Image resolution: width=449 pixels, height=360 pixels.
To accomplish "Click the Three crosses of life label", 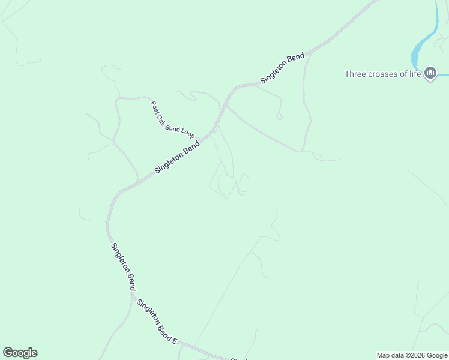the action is pos(382,74).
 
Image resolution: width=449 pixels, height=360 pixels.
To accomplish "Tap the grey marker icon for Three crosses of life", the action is pos(430,74).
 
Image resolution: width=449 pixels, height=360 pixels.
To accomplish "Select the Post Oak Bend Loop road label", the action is pos(172,119).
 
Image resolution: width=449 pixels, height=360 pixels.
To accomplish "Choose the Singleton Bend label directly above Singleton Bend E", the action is pos(123,266).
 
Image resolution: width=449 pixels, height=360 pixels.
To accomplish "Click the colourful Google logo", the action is pos(20,353).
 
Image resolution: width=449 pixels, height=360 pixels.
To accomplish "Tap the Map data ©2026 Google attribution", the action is pos(412,355).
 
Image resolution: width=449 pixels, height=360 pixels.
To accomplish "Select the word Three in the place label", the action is pos(355,74).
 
